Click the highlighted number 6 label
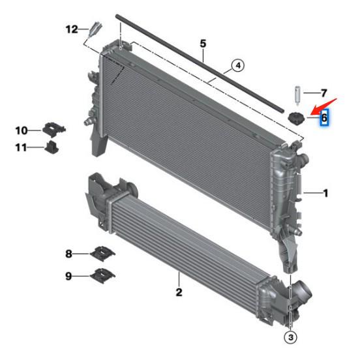pos(324,118)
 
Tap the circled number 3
pos(290,337)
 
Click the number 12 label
pos(71,29)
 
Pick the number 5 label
pos(203,43)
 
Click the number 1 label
pos(325,192)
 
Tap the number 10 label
pos(22,130)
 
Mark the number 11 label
pos(22,147)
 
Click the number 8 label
pos(68,253)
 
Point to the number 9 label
pos(68,276)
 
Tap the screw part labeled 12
pos(97,29)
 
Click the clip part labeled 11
pos(52,147)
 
